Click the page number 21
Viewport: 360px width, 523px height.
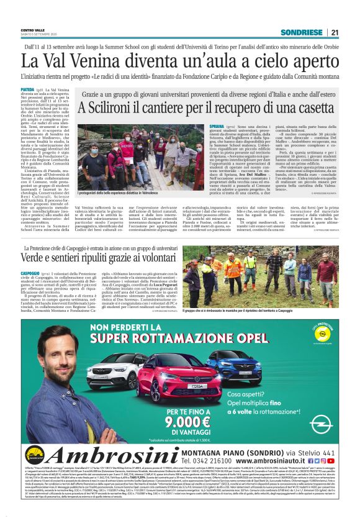(x=335, y=32)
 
